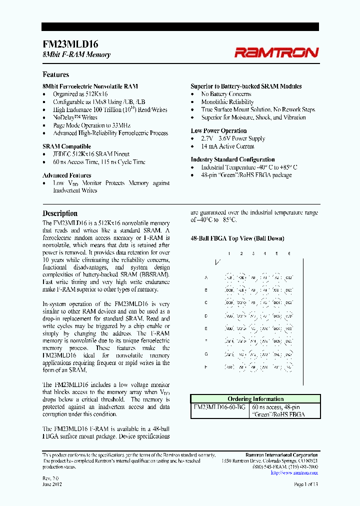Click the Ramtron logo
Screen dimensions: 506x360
[276, 52]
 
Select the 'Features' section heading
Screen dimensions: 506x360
[55, 74]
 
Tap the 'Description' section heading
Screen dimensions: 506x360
[60, 213]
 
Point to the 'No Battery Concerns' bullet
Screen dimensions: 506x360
[226, 94]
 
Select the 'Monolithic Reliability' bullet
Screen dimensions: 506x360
[227, 102]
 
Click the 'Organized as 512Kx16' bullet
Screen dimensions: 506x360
[80, 94]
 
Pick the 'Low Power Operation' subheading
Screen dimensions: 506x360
[218, 131]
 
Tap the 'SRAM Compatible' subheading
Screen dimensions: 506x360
[66, 146]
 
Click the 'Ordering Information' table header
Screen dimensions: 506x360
[255, 399]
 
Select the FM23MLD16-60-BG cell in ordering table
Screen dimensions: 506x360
[219, 407]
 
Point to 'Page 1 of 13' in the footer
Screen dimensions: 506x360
[305, 485]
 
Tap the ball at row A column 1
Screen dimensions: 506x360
[229, 277]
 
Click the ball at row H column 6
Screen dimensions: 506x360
[289, 366]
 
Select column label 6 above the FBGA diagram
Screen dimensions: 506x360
[289, 254]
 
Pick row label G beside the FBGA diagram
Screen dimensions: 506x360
[206, 354]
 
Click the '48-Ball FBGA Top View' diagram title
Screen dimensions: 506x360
[237, 238]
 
